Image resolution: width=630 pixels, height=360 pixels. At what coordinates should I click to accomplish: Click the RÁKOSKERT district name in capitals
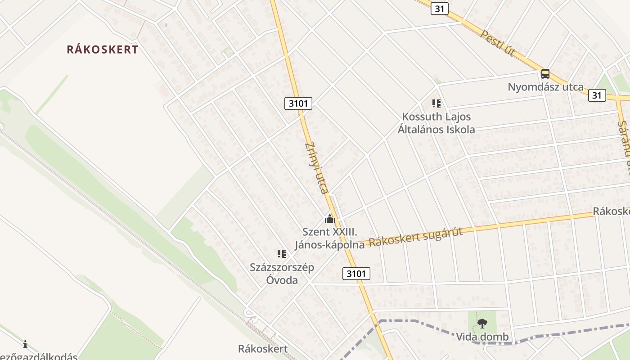click(103, 49)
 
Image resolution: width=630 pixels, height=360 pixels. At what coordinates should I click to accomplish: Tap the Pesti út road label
click(497, 44)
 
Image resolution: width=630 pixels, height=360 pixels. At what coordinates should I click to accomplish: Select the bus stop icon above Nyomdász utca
click(545, 74)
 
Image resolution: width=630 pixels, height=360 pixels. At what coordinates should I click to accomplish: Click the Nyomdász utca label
click(545, 87)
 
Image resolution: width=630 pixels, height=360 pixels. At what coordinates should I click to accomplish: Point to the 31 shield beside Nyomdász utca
click(597, 95)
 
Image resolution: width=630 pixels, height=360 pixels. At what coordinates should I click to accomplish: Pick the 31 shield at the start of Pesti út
click(439, 9)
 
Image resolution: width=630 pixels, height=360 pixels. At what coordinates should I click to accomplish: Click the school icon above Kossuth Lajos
click(436, 104)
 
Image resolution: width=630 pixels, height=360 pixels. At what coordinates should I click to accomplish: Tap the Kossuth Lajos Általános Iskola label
click(436, 123)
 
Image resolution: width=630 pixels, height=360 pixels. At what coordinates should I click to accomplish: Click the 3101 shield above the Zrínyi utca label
click(298, 103)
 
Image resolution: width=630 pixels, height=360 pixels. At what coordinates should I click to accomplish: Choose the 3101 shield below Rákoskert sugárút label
click(356, 273)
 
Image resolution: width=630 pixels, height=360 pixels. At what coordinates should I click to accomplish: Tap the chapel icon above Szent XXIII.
click(330, 220)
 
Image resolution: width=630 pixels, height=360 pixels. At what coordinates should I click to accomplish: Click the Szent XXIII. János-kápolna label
click(330, 238)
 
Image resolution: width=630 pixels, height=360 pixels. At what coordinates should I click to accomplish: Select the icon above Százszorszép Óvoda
click(282, 254)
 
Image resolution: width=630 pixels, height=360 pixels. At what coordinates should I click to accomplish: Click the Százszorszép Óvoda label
click(282, 274)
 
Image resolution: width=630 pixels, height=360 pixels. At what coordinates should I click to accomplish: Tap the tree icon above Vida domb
click(482, 323)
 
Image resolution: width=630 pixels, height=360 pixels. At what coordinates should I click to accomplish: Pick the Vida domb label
click(482, 337)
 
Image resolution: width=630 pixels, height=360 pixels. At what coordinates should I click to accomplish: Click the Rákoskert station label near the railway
click(263, 348)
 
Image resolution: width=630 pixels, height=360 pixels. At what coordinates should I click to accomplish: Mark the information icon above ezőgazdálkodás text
click(25, 345)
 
